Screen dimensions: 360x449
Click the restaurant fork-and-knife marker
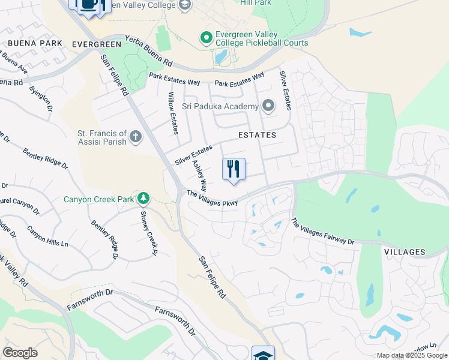coord(234,169)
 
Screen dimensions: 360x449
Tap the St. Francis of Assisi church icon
coord(136,137)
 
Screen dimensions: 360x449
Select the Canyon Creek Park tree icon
coord(143,197)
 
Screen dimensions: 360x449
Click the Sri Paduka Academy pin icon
coord(268,107)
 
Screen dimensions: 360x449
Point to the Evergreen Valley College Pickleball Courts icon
coord(206,38)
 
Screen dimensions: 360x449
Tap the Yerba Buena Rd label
coord(149,52)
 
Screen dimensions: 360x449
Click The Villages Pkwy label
coord(212,198)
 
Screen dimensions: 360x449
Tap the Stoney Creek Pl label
coord(148,230)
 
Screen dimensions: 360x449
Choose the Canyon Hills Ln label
coord(47,238)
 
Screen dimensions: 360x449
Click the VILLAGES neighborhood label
coord(404,253)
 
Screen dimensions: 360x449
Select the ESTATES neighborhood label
coord(257,135)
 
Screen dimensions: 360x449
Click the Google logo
coord(20,353)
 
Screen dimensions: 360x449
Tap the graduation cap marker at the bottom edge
coord(263,354)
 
